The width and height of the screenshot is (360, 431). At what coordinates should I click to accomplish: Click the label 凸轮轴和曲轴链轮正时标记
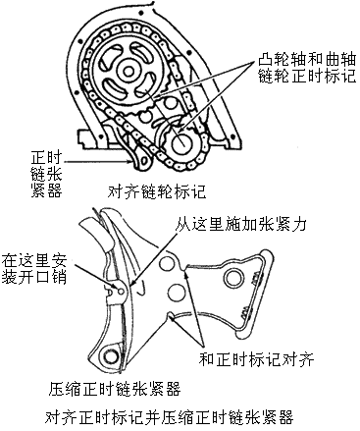[x=307, y=68]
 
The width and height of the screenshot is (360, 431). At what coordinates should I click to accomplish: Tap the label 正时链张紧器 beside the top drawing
[x=46, y=174]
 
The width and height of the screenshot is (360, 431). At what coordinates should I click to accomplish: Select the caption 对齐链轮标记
[x=157, y=191]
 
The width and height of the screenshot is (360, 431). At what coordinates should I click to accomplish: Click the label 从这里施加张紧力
[x=241, y=225]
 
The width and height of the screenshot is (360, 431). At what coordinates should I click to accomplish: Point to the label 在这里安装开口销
[x=34, y=269]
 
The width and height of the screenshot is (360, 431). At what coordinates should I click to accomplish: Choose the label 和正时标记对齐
[x=256, y=359]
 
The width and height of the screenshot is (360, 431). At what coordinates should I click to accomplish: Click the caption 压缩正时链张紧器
[x=115, y=389]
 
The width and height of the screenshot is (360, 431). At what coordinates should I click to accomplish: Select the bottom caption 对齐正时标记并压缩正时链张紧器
[x=169, y=417]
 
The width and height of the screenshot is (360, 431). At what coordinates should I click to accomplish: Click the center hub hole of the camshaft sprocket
[x=129, y=71]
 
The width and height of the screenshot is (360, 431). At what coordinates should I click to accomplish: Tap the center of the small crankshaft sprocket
[x=180, y=143]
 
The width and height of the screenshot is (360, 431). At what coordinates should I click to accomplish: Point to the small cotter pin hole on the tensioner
[x=121, y=291]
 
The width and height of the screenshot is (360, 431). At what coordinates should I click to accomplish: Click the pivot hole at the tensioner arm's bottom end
[x=111, y=354]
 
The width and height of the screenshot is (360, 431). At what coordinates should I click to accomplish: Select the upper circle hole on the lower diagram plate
[x=167, y=263]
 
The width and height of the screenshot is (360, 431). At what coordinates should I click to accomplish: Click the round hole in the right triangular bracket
[x=234, y=278]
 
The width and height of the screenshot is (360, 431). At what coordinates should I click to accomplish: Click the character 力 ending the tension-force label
[x=299, y=225]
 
